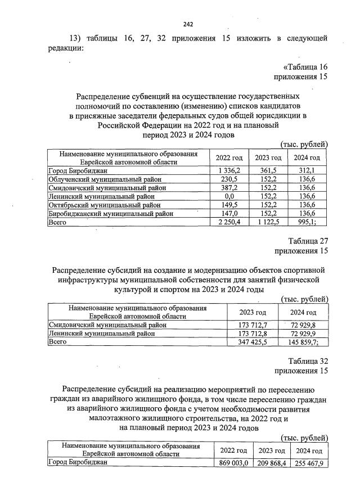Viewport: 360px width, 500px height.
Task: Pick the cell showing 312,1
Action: pos(307,170)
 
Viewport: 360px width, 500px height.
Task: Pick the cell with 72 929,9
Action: pos(303,333)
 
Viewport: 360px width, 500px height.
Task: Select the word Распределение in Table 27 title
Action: pos(81,270)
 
